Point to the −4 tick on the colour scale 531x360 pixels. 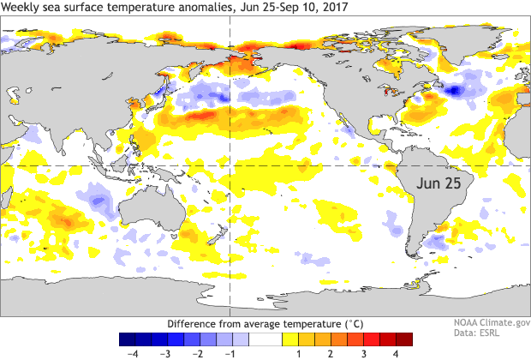133,352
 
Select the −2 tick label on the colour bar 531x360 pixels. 197,352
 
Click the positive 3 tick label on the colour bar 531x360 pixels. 363,352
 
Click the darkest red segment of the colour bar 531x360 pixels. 404,338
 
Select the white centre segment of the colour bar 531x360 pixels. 265,338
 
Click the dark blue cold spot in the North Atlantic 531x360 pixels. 454,88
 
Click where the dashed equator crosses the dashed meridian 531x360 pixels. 230,165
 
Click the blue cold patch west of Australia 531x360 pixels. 98,201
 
